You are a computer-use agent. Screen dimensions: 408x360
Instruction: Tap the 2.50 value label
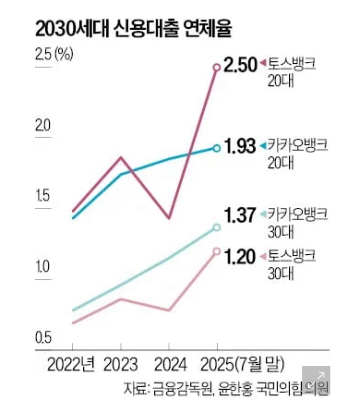point(241,66)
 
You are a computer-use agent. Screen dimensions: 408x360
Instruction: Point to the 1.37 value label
point(239,215)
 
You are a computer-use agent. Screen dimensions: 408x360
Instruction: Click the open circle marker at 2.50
point(217,67)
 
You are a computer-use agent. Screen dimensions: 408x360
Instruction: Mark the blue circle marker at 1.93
point(217,148)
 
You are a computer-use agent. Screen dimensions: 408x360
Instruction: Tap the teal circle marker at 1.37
point(217,227)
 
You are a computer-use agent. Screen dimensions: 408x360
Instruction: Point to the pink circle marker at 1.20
point(217,251)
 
